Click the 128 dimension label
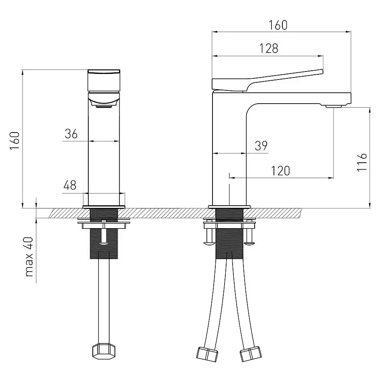click(x=269, y=48)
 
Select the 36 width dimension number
click(x=71, y=134)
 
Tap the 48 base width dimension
click(x=69, y=185)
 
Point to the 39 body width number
click(x=261, y=146)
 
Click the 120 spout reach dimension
click(x=280, y=171)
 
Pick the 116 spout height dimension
click(x=362, y=162)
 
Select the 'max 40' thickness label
click(x=29, y=257)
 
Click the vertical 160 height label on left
click(x=14, y=141)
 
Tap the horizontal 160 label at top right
click(x=278, y=25)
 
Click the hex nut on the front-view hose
click(x=104, y=351)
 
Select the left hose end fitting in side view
click(x=207, y=353)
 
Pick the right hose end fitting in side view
click(x=251, y=353)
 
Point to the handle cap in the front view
click(x=104, y=80)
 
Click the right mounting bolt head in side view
click(x=249, y=243)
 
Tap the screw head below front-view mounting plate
click(x=104, y=243)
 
